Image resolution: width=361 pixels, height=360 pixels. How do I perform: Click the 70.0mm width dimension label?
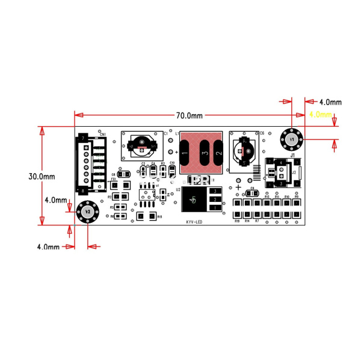coord(189,115)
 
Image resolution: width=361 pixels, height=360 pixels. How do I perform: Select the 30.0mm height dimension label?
coord(42,177)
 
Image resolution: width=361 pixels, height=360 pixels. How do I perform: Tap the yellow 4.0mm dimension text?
coord(320,114)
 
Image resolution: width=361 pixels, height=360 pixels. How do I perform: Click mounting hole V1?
coord(292,139)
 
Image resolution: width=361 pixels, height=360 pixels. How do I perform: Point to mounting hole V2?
coord(87,212)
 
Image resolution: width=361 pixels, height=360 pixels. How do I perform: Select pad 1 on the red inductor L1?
coord(185,154)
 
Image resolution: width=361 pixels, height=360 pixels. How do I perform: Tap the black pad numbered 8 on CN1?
coord(83,191)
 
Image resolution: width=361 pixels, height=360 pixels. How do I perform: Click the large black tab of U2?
coord(193,199)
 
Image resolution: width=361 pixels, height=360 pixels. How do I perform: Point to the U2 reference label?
coord(178,189)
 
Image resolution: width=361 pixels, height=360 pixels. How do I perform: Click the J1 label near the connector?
coord(292,155)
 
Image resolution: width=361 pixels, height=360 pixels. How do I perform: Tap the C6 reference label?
coord(262,133)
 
